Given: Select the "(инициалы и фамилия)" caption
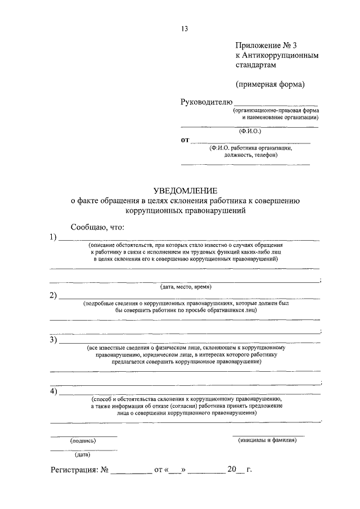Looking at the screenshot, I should coord(268,440).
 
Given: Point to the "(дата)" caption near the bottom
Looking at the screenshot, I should coord(83,454).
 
